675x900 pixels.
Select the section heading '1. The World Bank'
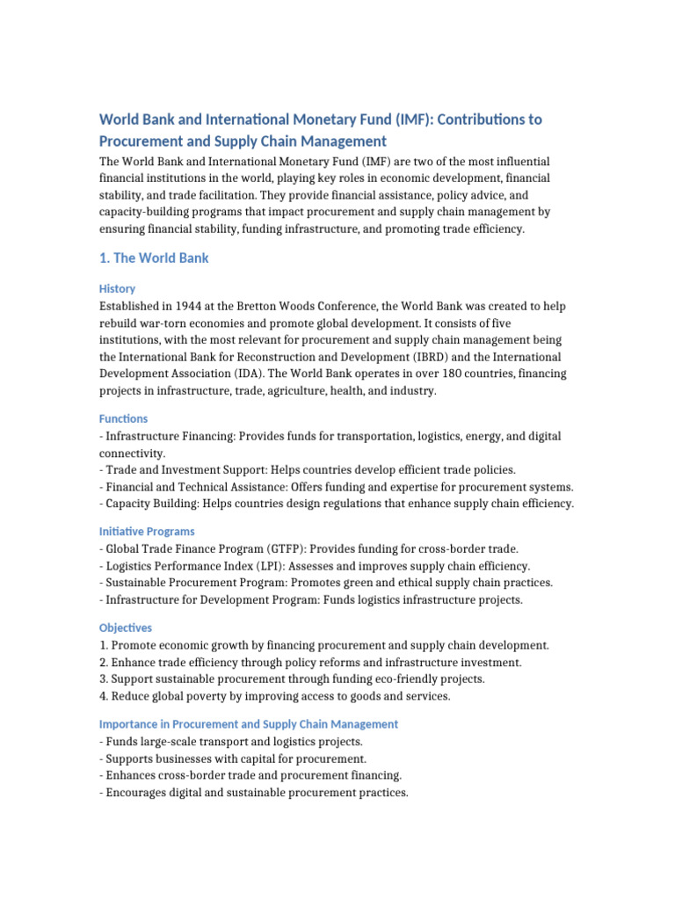154,258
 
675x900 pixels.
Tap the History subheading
117,288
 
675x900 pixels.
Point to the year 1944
193,306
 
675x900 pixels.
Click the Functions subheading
123,418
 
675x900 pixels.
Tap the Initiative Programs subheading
147,531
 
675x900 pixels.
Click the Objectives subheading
126,628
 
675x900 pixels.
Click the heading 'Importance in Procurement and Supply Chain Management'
249,724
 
